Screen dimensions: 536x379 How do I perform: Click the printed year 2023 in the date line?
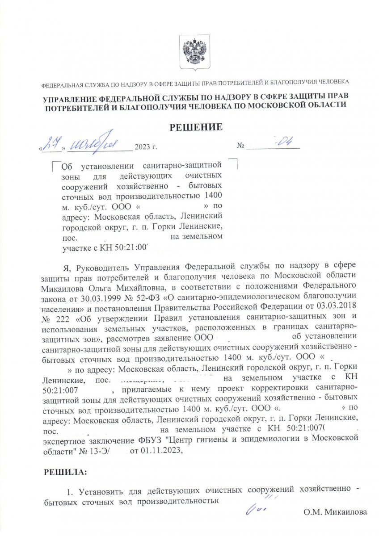(x=143, y=147)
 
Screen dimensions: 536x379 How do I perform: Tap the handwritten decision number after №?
(x=282, y=142)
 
